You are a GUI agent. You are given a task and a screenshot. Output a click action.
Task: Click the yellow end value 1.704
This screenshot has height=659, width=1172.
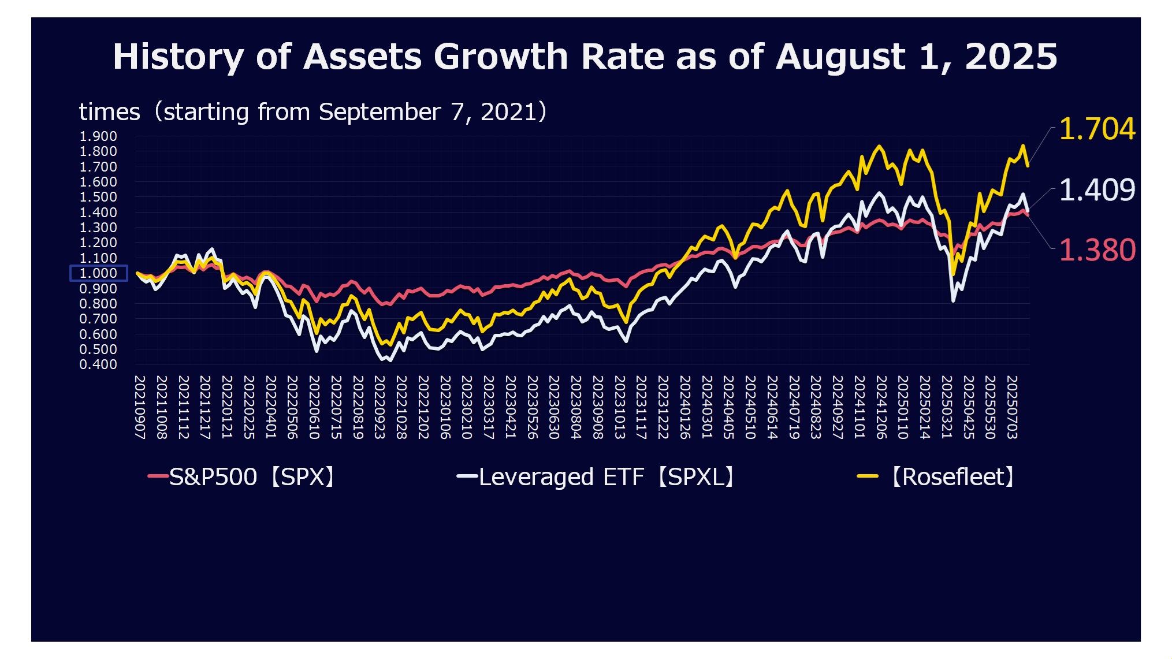pos(1096,129)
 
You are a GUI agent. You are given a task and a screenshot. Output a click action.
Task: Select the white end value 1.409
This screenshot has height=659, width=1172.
pos(1096,190)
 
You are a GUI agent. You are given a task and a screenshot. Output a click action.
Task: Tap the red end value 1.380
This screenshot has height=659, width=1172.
pos(1096,250)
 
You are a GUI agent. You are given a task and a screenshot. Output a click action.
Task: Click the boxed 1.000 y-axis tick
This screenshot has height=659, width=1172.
pos(98,273)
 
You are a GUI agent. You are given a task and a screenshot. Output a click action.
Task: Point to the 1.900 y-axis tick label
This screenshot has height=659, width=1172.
pos(98,136)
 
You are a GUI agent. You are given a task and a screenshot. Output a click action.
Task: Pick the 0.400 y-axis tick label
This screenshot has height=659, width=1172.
pos(98,364)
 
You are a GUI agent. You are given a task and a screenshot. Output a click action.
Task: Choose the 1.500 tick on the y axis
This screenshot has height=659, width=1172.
pos(98,197)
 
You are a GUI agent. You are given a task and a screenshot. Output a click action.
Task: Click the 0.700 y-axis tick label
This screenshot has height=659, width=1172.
pos(98,319)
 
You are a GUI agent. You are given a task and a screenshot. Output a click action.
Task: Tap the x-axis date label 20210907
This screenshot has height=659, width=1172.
pos(140,407)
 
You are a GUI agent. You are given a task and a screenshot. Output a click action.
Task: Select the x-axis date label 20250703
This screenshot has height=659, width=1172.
pos(1012,407)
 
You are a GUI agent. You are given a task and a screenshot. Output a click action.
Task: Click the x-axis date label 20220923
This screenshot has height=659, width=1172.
pos(379,407)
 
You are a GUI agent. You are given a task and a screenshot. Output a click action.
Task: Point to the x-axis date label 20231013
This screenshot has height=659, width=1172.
pos(619,407)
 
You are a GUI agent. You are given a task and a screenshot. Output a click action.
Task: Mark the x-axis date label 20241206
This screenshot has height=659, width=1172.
pos(881,407)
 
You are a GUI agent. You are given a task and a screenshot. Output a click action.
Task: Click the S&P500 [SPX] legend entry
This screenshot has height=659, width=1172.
pos(243,477)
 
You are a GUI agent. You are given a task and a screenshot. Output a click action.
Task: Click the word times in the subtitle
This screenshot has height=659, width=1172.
pos(109,112)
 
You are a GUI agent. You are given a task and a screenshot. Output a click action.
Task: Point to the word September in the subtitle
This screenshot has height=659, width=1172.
pos(379,112)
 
